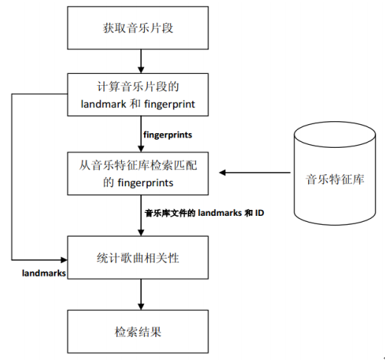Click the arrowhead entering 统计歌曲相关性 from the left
(x=64, y=258)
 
